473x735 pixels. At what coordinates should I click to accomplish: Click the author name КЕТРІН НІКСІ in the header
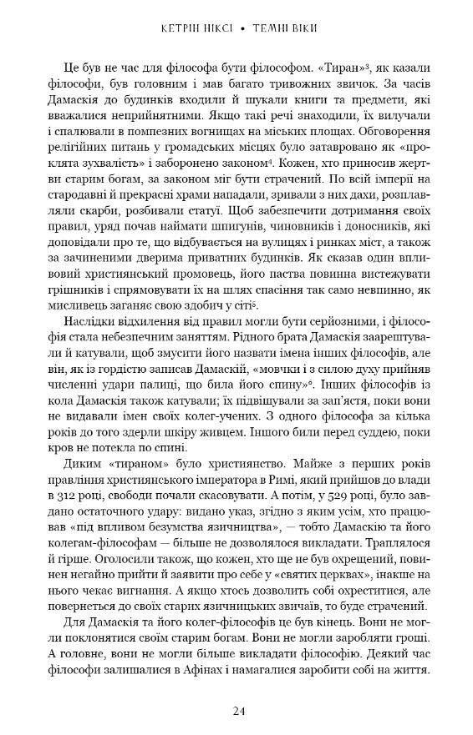click(x=191, y=28)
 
